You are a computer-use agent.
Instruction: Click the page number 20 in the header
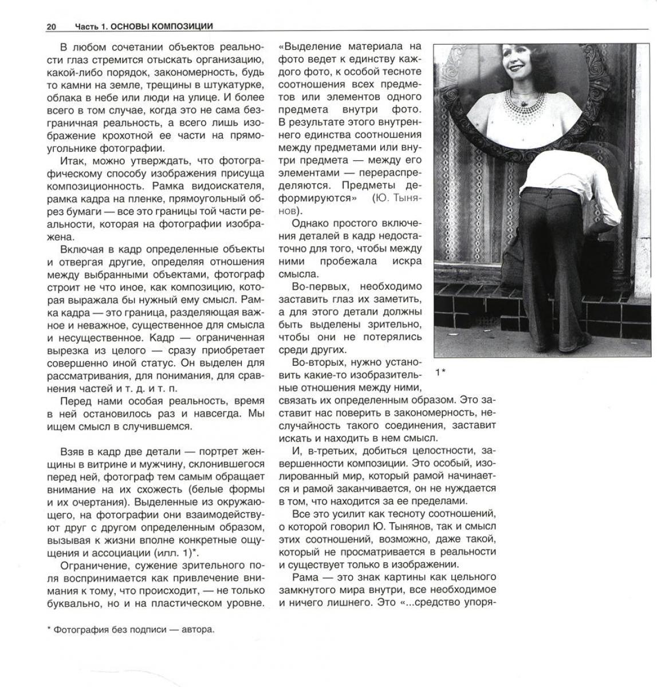[51, 26]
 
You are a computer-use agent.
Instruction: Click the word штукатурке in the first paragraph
[237, 85]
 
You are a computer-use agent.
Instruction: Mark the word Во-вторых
[318, 362]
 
